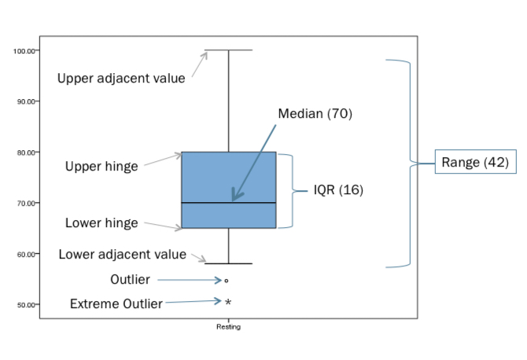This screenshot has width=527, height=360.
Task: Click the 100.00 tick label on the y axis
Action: click(x=24, y=51)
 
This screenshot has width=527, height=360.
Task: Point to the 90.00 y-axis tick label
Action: click(x=25, y=101)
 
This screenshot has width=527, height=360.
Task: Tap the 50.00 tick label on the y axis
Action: click(x=25, y=305)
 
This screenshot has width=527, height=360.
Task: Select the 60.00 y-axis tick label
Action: click(x=25, y=254)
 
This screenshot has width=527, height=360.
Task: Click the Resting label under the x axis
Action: click(x=228, y=327)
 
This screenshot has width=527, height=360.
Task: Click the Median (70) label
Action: click(x=315, y=113)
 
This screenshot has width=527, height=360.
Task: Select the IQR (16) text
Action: click(x=338, y=190)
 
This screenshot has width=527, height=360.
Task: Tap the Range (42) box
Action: click(x=475, y=163)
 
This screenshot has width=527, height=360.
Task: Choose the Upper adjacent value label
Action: click(x=121, y=78)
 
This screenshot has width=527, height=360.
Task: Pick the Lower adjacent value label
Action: click(x=123, y=254)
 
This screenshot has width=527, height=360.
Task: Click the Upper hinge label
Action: click(x=101, y=166)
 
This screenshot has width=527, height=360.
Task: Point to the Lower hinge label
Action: click(x=101, y=223)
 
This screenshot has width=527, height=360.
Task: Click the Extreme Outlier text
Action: click(x=116, y=303)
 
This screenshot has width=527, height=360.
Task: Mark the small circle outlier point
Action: click(x=227, y=280)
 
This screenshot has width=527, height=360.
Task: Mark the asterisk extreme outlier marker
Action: click(x=228, y=302)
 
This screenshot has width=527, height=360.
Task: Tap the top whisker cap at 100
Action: click(x=228, y=50)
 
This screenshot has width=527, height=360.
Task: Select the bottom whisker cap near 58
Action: click(x=228, y=263)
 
